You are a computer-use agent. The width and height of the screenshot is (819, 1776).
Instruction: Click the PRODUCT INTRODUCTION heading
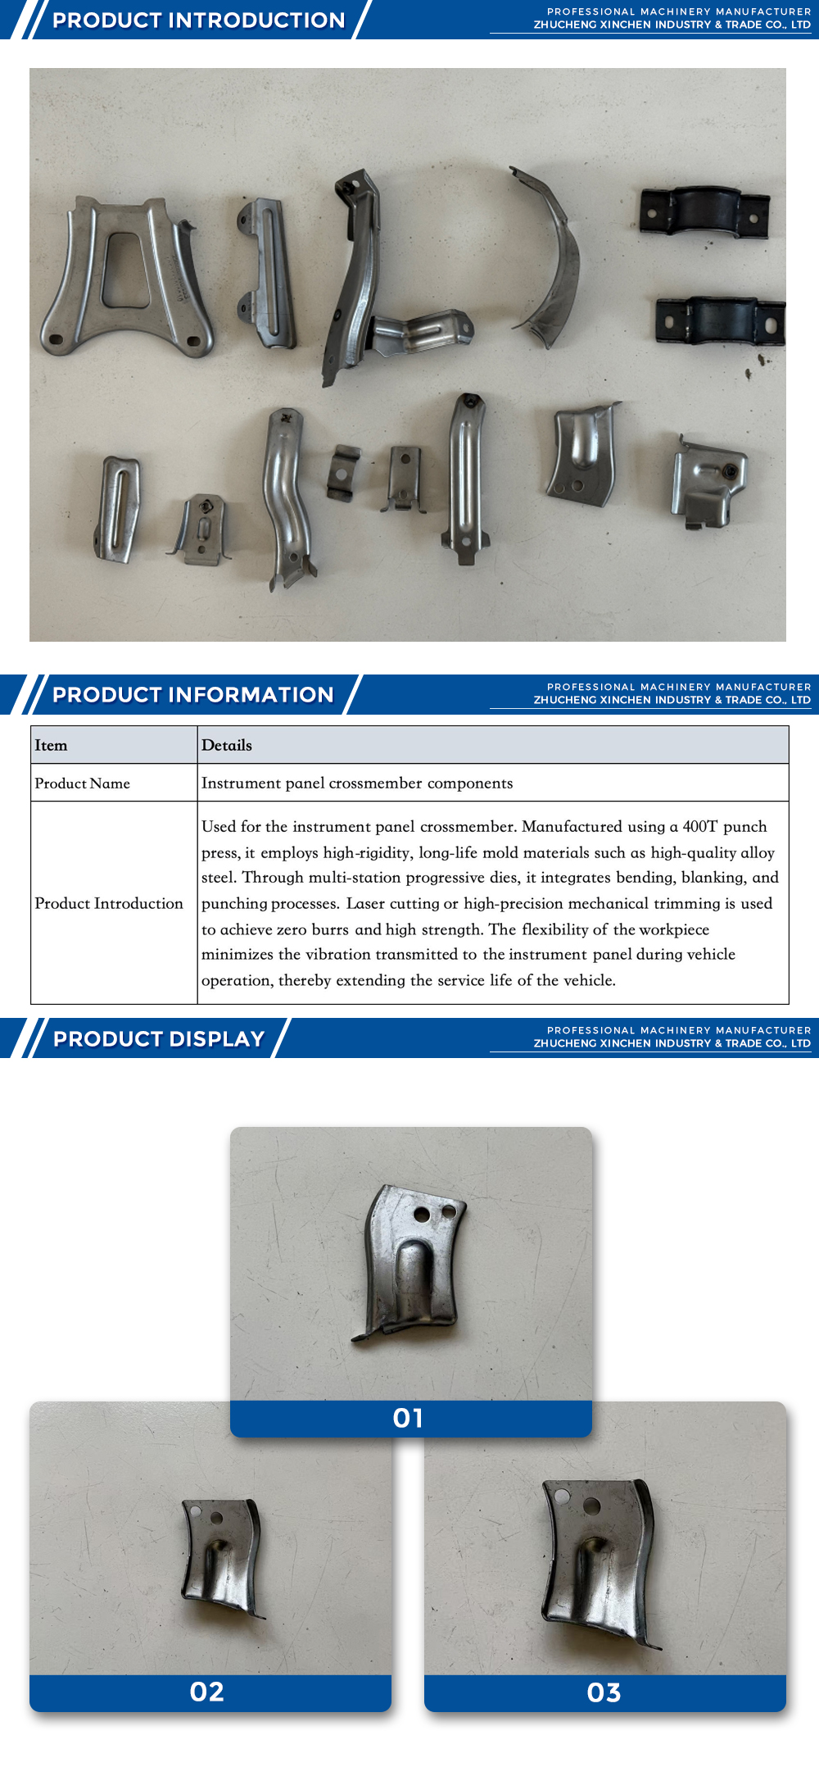[198, 20]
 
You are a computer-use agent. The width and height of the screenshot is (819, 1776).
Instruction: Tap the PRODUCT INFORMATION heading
[192, 695]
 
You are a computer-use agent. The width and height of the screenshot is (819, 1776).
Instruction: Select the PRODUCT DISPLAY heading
[159, 1038]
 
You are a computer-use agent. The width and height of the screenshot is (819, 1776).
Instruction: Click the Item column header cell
[51, 745]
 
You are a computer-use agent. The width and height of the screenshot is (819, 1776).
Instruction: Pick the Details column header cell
[227, 745]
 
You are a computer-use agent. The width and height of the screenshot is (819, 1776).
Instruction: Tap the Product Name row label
[82, 784]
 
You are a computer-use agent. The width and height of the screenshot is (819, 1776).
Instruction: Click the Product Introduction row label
[109, 903]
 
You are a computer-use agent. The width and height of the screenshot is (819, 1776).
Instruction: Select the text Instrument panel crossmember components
[357, 784]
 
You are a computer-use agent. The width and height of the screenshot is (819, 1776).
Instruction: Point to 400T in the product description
[699, 826]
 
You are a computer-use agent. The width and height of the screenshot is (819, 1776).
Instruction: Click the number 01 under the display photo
[408, 1419]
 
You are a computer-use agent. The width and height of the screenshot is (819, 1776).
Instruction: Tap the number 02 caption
[207, 1692]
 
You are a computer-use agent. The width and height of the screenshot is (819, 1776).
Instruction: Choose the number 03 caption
[604, 1693]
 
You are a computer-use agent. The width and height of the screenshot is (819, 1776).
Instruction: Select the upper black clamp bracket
[704, 211]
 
